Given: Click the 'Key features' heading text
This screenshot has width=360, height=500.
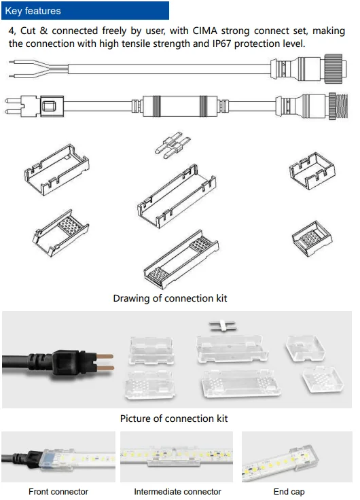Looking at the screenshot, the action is coord(33,11).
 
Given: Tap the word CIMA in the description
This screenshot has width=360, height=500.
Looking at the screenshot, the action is coord(204,31).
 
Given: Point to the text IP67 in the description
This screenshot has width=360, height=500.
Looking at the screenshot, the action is coord(221,43).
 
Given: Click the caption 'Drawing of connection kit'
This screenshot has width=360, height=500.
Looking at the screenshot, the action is coord(170,298).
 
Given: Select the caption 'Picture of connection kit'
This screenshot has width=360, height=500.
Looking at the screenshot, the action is coord(174,418).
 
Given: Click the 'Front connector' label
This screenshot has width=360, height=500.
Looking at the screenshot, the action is coord(58,491).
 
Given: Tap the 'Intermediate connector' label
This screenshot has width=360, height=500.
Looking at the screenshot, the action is coord(177,491).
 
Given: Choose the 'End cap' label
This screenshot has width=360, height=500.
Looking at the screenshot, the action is coord(289,491).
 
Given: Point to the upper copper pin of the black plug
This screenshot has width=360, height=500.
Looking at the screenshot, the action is coord(104,357).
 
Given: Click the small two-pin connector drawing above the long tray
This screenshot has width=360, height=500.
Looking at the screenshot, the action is coord(173,145).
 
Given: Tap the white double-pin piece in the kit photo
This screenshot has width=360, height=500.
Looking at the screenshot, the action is coord(223,326).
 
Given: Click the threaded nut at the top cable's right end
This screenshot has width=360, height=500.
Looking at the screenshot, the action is coord(336,69).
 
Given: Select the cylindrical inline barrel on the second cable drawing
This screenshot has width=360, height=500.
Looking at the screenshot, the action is coord(180,105).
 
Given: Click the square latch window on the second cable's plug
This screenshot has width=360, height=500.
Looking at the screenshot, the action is coord(49,106).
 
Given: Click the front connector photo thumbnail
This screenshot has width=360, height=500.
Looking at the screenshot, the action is coord(58,457).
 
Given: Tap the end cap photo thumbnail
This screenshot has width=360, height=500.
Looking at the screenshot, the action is coord(297,457).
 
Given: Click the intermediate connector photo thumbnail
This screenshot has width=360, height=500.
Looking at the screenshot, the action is coord(177,457).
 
